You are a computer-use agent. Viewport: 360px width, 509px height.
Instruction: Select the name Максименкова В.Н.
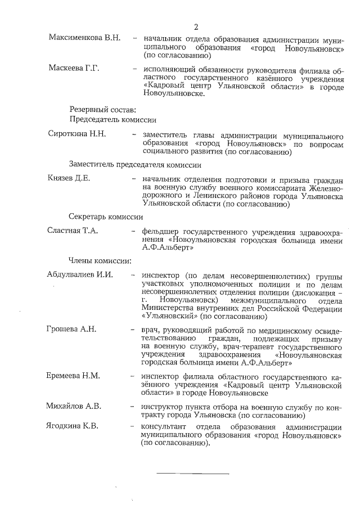(x=84, y=38)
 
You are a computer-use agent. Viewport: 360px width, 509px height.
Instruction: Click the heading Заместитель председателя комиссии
(x=135, y=165)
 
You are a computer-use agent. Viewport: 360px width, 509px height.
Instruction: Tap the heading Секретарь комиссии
(x=106, y=217)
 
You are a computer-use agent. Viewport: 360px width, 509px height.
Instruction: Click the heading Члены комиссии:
(x=100, y=260)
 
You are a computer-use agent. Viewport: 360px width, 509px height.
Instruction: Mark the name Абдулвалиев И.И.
(x=80, y=275)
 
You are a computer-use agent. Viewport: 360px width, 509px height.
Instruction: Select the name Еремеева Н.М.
(x=74, y=375)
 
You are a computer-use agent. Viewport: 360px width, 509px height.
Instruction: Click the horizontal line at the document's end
(x=192, y=474)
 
